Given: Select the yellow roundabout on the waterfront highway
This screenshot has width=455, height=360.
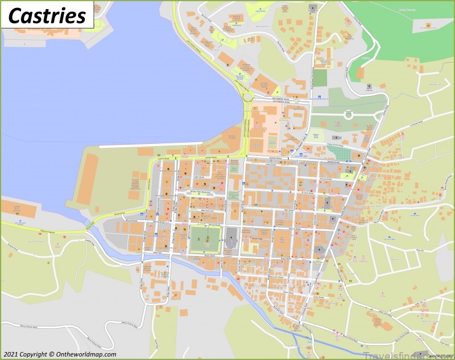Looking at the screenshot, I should (247, 97).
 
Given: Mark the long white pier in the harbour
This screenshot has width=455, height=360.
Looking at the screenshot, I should (151, 146).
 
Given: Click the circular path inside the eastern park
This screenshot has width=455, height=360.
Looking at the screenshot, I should (348, 115).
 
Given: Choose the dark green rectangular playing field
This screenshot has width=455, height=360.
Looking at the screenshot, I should (320, 77).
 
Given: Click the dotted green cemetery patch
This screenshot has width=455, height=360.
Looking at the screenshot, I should (342, 153).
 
